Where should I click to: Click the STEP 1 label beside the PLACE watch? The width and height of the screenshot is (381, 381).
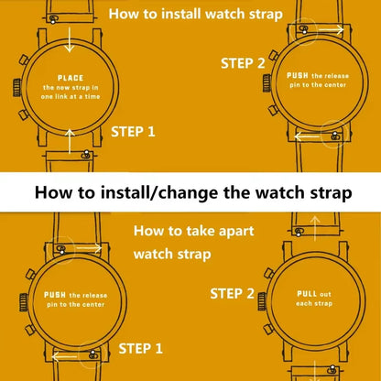click(133, 131)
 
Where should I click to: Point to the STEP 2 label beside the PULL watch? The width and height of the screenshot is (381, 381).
click(233, 294)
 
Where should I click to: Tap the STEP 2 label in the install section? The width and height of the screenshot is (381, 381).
click(244, 62)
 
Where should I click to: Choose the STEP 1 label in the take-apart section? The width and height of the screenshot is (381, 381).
click(140, 349)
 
